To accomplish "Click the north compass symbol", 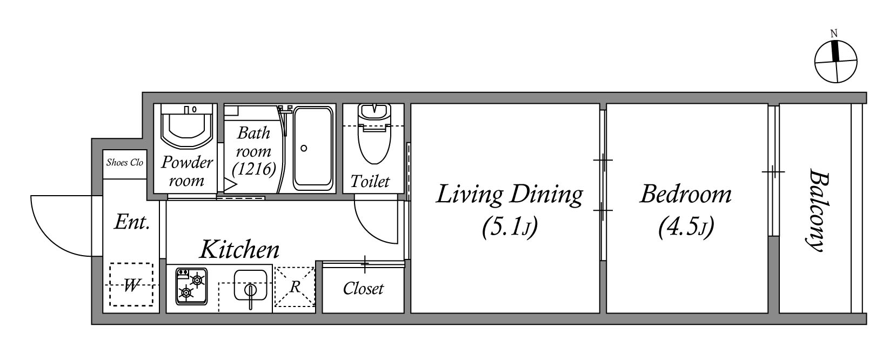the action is coord(835,62).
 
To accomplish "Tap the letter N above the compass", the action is coord(834,34).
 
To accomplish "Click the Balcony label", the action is coord(817,210).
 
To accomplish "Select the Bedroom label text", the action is coord(686,195).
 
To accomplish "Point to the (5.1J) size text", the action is coord(510,227).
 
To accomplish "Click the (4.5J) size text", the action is coord(686,227).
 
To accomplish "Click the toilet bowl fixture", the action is coord(374,134).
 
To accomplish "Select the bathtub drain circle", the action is coord(304,149).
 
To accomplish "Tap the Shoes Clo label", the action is coord(125,162).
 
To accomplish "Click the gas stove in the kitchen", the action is coord(192,286).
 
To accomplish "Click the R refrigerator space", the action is coord(295,287).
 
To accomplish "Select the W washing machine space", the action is coord(131,285).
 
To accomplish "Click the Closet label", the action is coord(363,289).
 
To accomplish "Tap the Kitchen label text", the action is coord(239,249).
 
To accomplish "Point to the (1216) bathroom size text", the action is coord(254,169).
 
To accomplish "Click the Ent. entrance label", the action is coord(132,222).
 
